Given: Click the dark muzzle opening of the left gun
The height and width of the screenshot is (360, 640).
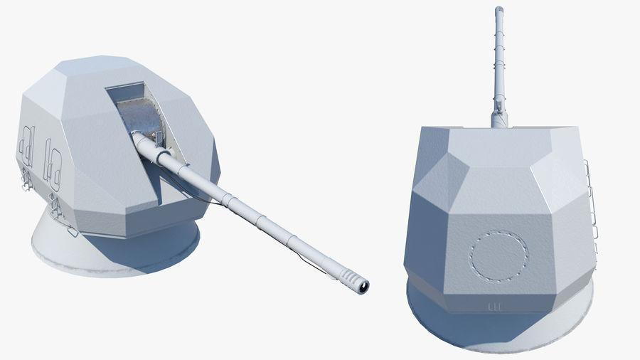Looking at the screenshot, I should pyautogui.click(x=364, y=286).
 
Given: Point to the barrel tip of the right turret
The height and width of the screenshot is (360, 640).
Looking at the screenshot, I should pyautogui.click(x=498, y=11).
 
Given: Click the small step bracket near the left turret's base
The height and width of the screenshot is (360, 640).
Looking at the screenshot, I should pyautogui.click(x=71, y=231).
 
